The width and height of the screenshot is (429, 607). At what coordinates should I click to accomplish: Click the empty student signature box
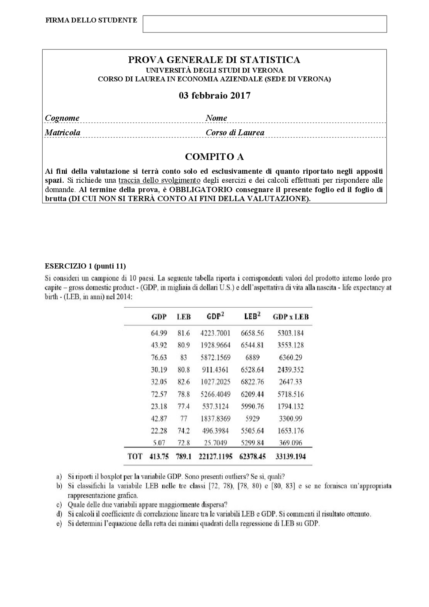265,24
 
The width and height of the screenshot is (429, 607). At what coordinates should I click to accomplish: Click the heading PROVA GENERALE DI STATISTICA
214,60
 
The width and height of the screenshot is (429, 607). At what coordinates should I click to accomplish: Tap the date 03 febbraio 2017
214,96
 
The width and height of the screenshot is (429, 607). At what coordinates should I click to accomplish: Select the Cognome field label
62,118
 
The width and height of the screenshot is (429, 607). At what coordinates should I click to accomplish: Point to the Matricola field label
63,132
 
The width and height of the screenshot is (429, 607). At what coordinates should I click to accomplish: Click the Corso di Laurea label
235,132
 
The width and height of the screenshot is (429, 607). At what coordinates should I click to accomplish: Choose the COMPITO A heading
214,157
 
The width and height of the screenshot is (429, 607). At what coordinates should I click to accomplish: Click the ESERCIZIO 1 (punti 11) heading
85,266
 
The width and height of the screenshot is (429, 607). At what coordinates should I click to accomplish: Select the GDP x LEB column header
291,317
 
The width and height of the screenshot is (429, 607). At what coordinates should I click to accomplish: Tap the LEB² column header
252,316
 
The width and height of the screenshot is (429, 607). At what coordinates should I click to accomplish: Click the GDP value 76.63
159,357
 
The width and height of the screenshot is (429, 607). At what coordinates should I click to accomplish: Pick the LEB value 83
183,357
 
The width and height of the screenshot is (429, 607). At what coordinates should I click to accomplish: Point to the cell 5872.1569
216,357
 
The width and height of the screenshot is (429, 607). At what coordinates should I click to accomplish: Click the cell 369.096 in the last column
291,443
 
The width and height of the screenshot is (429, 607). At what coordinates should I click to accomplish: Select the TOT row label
135,456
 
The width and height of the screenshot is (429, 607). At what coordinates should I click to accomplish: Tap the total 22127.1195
216,456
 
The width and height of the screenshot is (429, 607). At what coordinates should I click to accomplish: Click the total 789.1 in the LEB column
184,456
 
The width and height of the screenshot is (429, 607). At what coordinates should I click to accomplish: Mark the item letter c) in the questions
59,504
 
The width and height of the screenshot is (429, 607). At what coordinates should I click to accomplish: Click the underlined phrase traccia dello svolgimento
159,180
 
